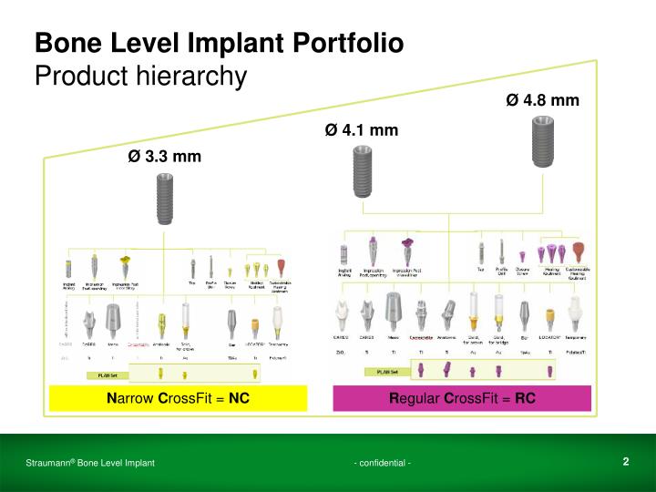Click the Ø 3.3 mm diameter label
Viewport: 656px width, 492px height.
(164, 156)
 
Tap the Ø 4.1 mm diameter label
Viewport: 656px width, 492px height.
(361, 130)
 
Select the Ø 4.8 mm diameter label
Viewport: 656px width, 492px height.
(542, 99)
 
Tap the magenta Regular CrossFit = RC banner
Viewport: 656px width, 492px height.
(462, 398)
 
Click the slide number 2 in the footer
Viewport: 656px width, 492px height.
(626, 462)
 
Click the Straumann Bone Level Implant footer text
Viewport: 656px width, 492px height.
(89, 464)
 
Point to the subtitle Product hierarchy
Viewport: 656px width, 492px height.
(140, 76)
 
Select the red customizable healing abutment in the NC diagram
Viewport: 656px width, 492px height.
(282, 269)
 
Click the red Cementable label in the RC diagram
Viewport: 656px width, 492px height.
(422, 336)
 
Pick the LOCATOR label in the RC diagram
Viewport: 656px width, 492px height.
(549, 336)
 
